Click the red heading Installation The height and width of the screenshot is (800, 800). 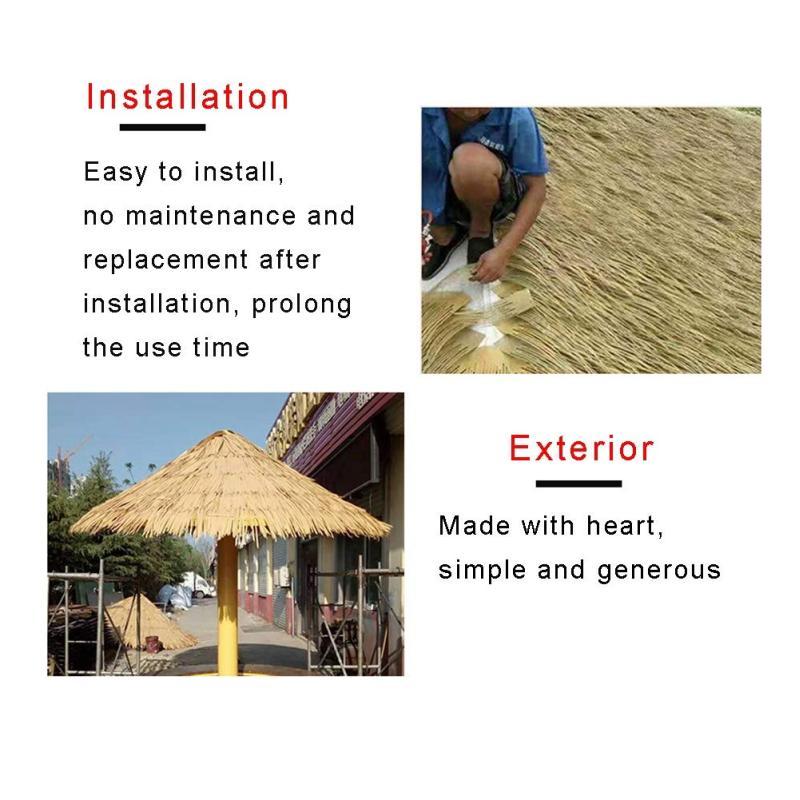point(187,97)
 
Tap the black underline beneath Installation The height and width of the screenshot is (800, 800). point(162,127)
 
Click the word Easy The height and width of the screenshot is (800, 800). point(115,172)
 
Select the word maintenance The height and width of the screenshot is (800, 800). point(210,216)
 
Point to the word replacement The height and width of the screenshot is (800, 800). point(165,260)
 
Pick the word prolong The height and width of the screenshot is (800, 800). point(302,305)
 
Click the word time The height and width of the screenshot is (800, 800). point(221,347)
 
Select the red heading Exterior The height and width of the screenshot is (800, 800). point(581,448)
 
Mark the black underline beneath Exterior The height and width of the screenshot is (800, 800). point(579,483)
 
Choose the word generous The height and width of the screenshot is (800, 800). point(659,570)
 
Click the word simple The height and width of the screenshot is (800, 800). point(482,569)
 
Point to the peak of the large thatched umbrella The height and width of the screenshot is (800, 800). point(221,432)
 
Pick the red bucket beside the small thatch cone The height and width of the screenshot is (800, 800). point(153,643)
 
